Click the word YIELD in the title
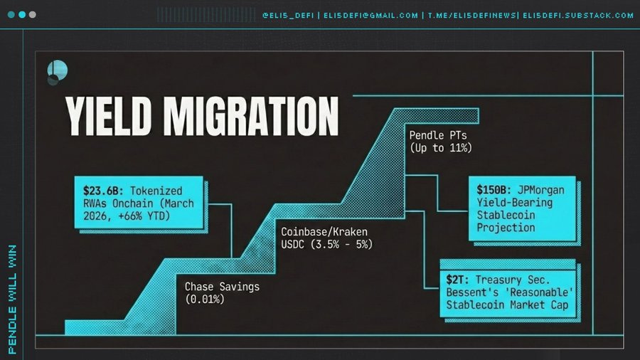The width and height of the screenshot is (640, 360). click(108, 117)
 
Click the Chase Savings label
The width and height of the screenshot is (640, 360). click(222, 287)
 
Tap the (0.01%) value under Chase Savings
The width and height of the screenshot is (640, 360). click(205, 300)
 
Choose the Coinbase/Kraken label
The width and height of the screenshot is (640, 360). click(324, 232)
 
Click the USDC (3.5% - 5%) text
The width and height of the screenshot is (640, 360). click(326, 245)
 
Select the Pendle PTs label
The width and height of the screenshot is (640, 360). click(438, 135)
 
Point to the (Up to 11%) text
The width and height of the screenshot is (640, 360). click(441, 148)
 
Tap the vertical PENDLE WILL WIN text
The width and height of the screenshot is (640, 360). click(13, 300)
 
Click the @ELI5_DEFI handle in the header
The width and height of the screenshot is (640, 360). click(288, 16)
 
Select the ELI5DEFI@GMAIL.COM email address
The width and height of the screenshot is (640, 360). click(370, 16)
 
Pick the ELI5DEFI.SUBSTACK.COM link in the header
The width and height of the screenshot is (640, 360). click(578, 16)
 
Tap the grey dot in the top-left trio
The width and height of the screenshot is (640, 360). click(33, 15)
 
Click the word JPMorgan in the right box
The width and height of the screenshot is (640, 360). click(541, 190)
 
